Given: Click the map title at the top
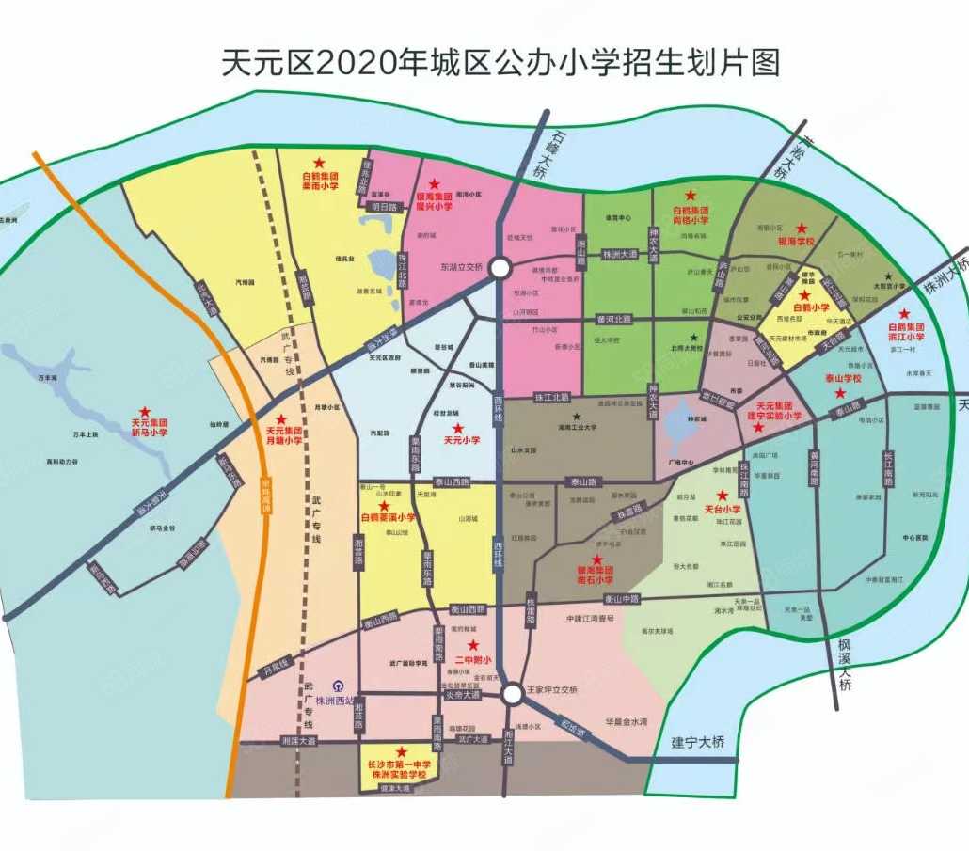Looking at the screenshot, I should point(500,63).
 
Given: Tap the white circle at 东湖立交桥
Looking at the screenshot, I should point(500,268).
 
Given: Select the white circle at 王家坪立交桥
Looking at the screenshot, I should point(512,695).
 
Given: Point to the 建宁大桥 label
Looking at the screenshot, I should point(699,742).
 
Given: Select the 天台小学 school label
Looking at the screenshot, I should point(722,509).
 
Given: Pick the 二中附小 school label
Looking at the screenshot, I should point(473,659).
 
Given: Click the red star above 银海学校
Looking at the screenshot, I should point(802,228).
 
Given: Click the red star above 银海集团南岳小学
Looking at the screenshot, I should point(596,559).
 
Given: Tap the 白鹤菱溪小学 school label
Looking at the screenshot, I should point(387,517).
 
